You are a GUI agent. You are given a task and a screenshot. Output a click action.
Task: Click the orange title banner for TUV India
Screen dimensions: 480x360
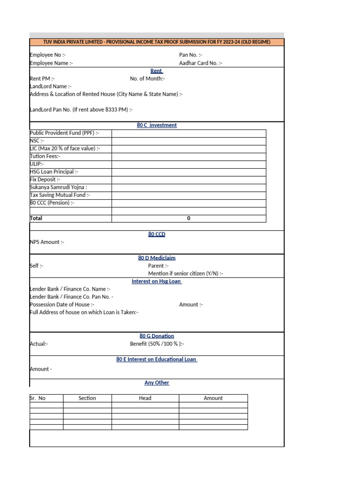(x=157, y=42)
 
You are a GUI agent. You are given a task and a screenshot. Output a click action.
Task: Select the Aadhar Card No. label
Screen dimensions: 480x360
(x=201, y=63)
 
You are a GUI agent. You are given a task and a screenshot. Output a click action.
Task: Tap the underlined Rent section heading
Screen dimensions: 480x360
(x=157, y=71)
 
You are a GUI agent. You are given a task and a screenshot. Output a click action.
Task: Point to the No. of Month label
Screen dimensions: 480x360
(x=147, y=79)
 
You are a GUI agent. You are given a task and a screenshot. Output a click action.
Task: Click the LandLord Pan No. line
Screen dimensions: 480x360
(x=81, y=110)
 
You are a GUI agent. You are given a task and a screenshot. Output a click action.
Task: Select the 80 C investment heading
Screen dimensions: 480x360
(x=157, y=125)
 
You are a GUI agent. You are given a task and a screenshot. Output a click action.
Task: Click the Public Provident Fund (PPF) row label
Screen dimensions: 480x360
(x=64, y=133)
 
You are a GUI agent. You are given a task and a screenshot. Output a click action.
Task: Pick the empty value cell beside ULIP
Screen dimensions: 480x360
(x=188, y=164)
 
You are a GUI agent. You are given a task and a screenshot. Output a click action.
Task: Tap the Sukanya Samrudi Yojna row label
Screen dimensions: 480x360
(x=58, y=187)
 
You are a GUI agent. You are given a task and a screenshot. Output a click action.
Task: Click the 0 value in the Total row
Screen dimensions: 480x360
(x=188, y=218)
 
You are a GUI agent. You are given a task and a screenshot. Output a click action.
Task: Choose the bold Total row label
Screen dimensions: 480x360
(x=36, y=218)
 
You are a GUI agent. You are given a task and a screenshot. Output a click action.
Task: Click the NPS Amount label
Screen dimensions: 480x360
(x=47, y=242)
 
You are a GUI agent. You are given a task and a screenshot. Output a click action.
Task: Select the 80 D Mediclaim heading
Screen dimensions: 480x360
(x=157, y=258)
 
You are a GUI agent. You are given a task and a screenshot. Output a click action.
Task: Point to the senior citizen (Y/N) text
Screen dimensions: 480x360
(x=186, y=273)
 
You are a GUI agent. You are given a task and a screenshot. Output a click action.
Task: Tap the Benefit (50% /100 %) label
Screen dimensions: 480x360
(x=157, y=344)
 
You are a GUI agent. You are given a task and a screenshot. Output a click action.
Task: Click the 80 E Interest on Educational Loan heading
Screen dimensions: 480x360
(x=157, y=360)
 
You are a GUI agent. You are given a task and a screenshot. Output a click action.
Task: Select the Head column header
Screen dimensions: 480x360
(x=145, y=398)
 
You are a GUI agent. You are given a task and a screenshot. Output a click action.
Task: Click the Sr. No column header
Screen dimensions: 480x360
(x=38, y=398)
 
